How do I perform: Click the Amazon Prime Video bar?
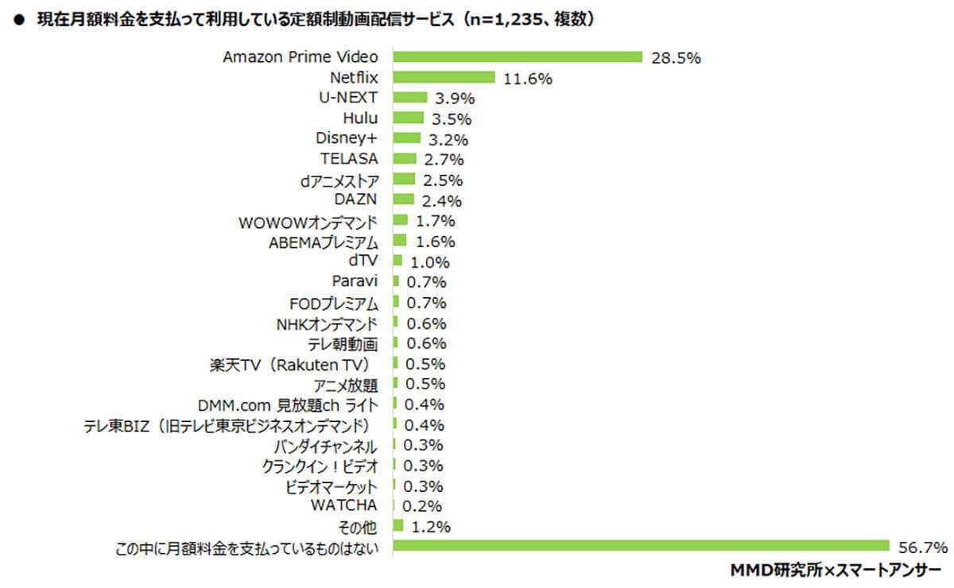[518, 57]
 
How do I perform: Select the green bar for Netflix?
[444, 78]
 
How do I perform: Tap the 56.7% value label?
[921, 547]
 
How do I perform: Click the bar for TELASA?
[405, 159]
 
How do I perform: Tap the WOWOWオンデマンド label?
[308, 221]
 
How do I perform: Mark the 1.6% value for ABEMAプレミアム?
[436, 242]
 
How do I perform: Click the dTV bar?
[397, 261]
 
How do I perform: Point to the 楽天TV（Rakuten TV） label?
[293, 365]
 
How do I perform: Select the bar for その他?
[398, 526]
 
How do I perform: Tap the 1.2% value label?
[432, 527]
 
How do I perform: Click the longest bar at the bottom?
[641, 546]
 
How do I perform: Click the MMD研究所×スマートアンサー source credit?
[834, 571]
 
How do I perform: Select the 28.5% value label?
[675, 58]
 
